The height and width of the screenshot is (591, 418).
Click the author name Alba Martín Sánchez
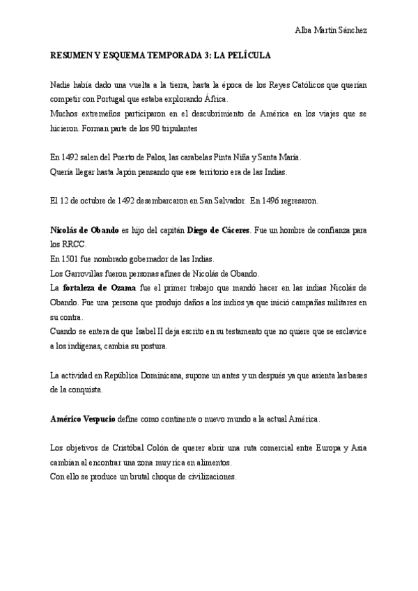point(332,31)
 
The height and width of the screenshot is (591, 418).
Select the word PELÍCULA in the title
point(248,54)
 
